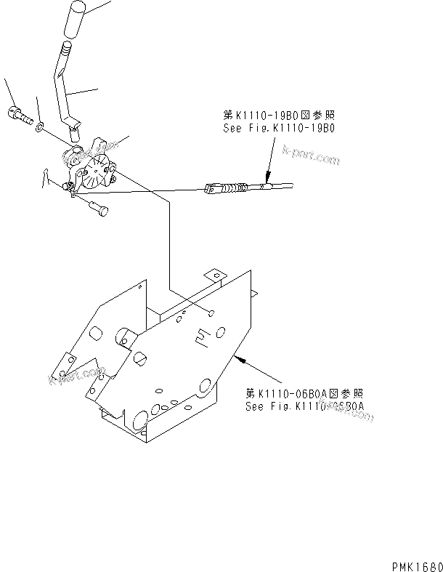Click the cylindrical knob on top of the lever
coord(76,18)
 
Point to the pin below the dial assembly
coord(97,209)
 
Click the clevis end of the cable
coord(213,190)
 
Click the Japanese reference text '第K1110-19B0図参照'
coord(281,116)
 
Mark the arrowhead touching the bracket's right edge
coord(239,357)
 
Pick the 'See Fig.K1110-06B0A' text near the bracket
coord(304,406)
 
